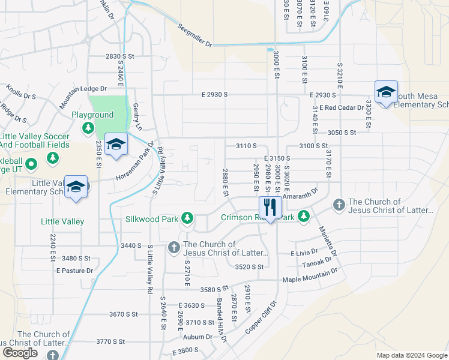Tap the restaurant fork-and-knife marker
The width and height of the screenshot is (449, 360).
click(270, 208)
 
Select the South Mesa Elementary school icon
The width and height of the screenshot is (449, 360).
click(386, 92)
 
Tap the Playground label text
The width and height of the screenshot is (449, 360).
click(92, 115)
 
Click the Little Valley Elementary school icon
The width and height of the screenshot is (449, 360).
click(76, 187)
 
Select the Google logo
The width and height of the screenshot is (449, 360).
click(20, 353)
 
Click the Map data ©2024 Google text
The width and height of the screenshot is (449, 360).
click(412, 355)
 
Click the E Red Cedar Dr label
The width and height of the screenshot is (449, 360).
click(342, 107)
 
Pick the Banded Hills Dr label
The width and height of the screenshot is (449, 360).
click(222, 321)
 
